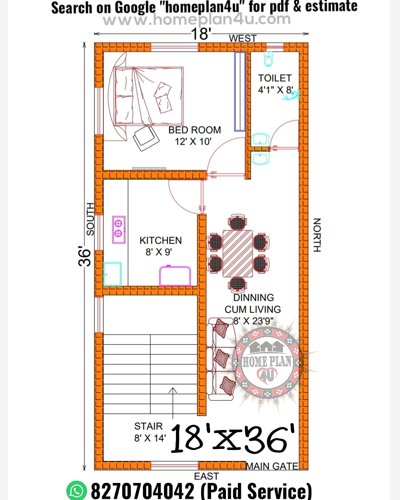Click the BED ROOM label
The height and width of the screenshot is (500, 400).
point(194,130)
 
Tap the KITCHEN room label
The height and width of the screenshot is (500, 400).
point(160,241)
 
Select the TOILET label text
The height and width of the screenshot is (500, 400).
point(275,78)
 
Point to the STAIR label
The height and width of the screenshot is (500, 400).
point(148,426)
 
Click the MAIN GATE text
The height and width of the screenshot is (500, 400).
point(272,466)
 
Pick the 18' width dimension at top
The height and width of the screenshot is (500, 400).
point(201,34)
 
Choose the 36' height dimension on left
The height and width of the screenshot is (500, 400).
point(84,256)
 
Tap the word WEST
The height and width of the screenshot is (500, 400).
point(243,39)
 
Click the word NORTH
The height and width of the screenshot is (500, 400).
point(317,235)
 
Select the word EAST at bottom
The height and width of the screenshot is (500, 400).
point(206,476)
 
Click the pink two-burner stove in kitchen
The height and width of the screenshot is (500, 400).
point(119,230)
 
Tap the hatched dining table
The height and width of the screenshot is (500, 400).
point(238,254)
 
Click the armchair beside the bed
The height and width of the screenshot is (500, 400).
point(146,138)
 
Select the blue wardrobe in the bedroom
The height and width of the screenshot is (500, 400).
point(240,91)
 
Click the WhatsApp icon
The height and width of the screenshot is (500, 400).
point(77,491)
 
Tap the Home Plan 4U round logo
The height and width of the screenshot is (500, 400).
point(267,362)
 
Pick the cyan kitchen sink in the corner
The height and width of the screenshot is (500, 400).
point(112,274)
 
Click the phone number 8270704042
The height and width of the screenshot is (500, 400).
point(143,491)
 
